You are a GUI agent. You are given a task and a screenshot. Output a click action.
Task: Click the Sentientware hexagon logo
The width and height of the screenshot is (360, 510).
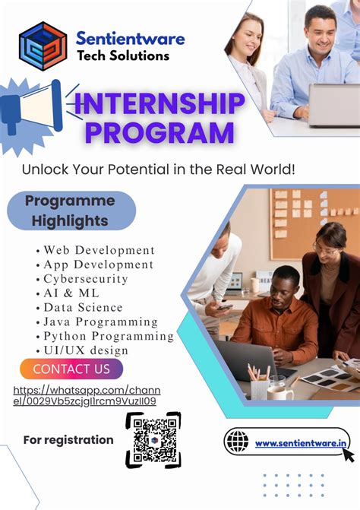point(43,46)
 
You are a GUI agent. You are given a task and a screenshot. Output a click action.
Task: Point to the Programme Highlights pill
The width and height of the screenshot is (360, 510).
point(71,211)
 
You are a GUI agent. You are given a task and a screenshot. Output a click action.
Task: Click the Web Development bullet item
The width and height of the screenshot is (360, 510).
point(99,250)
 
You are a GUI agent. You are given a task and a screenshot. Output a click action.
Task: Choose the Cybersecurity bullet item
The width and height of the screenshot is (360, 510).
point(85,279)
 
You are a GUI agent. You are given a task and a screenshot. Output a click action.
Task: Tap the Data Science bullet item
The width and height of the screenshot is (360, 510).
point(83,307)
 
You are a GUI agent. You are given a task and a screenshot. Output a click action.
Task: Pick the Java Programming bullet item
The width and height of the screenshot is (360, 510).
point(100,322)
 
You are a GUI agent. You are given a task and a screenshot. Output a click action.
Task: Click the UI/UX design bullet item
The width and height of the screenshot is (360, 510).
point(86,350)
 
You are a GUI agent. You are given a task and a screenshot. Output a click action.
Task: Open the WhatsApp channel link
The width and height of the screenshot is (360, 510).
point(87,396)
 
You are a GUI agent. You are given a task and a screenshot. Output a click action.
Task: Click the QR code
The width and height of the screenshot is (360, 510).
point(153,439)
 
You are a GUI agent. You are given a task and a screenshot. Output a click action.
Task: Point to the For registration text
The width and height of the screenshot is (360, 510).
point(68,440)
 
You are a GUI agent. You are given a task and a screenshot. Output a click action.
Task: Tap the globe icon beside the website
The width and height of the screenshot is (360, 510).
point(237,442)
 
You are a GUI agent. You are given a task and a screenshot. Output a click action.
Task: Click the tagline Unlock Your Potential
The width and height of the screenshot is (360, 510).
point(158,169)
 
